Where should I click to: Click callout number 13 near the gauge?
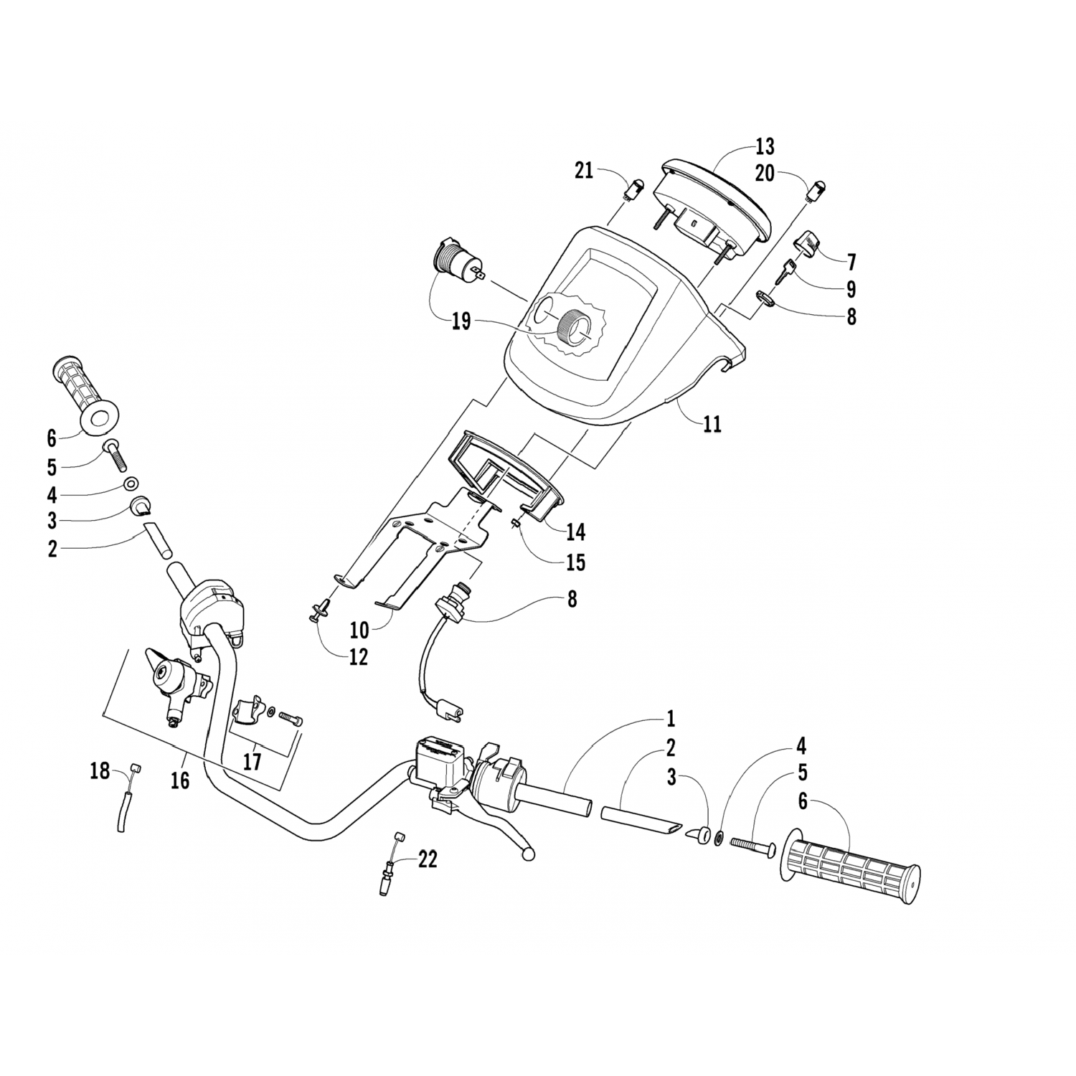tap(765, 147)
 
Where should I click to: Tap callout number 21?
tap(584, 171)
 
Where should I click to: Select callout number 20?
tap(765, 174)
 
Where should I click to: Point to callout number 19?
tap(461, 322)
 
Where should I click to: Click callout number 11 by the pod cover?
tap(712, 425)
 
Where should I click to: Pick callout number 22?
tap(428, 859)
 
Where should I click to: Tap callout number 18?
tap(100, 772)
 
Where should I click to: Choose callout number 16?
tap(180, 780)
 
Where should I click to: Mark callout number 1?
tap(671, 719)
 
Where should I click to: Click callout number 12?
tap(358, 656)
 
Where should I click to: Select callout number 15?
tap(575, 562)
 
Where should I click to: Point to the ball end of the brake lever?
tap(529, 854)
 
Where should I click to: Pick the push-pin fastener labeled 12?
tap(318, 610)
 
